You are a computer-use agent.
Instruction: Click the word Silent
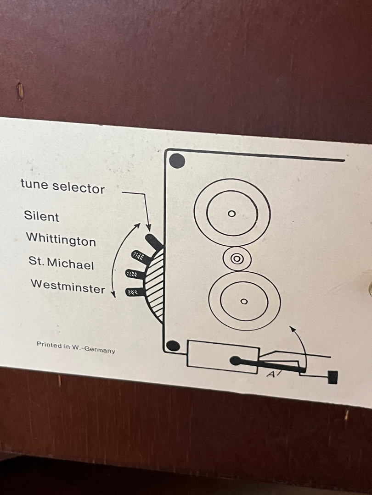[x=42, y=216]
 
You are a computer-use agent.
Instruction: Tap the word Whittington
[x=61, y=239]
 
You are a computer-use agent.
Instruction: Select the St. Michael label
[x=61, y=264]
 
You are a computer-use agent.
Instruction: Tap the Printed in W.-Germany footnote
[x=76, y=347]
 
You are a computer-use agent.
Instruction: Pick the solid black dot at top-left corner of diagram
[x=177, y=161]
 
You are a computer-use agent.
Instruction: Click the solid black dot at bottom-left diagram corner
[x=173, y=346]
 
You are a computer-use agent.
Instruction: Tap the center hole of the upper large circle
[x=231, y=214]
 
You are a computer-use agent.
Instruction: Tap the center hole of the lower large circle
[x=244, y=301]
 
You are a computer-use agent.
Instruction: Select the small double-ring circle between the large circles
[x=237, y=258]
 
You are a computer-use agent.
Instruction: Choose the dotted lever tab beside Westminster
[x=134, y=291]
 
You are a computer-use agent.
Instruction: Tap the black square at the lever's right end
[x=333, y=377]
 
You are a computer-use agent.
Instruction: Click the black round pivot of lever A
[x=235, y=361]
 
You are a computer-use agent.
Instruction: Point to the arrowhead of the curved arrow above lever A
[x=291, y=328]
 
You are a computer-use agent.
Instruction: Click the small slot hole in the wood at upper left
[x=20, y=91]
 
